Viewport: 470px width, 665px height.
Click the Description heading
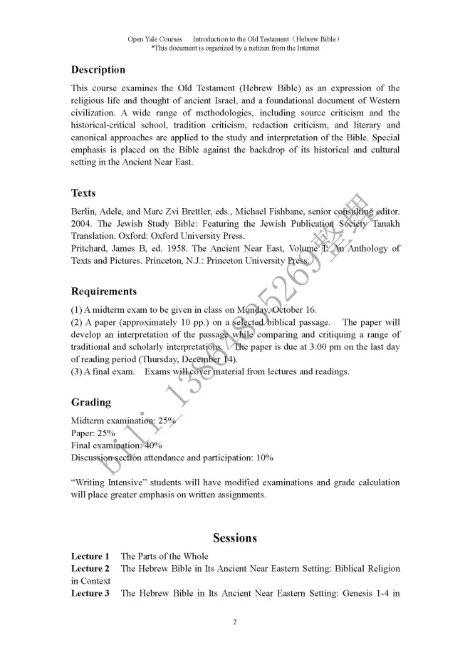(98, 70)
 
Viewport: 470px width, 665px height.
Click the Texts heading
(83, 193)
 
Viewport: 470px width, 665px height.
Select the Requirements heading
(104, 292)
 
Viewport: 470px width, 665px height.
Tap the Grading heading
(91, 402)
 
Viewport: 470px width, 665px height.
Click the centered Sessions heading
(235, 538)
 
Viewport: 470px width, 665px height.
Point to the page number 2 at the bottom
(235, 622)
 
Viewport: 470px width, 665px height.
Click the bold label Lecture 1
(90, 556)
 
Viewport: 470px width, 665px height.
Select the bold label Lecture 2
(90, 569)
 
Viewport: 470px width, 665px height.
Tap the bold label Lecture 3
(90, 593)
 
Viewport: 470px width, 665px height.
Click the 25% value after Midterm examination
(167, 421)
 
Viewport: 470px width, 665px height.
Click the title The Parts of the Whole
(164, 556)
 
